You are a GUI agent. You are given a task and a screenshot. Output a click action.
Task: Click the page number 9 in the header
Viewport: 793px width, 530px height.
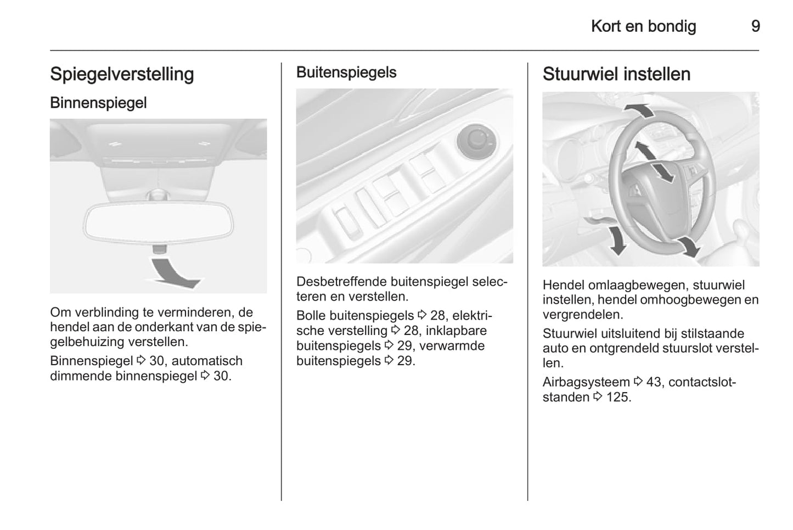pyautogui.click(x=756, y=26)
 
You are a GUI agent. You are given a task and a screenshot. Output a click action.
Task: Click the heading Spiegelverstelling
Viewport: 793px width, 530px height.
pyautogui.click(x=122, y=75)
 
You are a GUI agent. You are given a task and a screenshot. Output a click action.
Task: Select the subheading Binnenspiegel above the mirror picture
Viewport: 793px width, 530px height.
pyautogui.click(x=98, y=103)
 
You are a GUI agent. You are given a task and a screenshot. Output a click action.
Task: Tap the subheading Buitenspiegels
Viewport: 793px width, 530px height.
pyautogui.click(x=346, y=72)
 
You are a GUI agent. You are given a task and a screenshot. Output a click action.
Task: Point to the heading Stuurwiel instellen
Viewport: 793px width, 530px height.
pyautogui.click(x=616, y=74)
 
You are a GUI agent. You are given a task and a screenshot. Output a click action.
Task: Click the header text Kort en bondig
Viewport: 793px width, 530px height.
pyautogui.click(x=644, y=26)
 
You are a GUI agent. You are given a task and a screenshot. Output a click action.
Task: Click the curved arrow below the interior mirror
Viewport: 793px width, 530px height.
pyautogui.click(x=173, y=274)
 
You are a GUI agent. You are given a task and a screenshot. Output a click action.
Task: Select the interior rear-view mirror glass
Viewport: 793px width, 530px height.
pyautogui.click(x=158, y=222)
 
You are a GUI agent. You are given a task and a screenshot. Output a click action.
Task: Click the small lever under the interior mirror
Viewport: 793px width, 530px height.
pyautogui.click(x=159, y=249)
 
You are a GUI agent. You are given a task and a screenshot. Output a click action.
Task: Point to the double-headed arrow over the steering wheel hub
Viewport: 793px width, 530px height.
pyautogui.click(x=654, y=162)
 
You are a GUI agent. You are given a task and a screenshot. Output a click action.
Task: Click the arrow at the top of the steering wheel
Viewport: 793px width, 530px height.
pyautogui.click(x=639, y=110)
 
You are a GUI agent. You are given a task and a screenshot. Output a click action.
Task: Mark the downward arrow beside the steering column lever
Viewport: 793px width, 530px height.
pyautogui.click(x=617, y=240)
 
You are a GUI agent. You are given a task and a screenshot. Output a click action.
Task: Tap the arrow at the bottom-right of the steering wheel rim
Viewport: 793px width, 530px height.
pyautogui.click(x=688, y=247)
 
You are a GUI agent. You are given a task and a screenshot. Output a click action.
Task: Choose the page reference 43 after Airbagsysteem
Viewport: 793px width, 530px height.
pyautogui.click(x=653, y=382)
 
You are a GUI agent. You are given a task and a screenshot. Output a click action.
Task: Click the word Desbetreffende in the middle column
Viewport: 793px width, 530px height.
pyautogui.click(x=342, y=282)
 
